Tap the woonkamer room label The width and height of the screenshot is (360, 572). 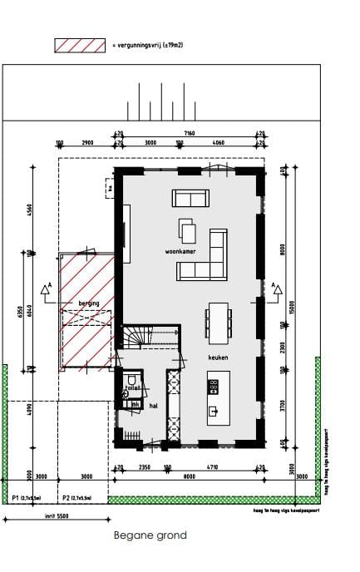[x=180, y=250]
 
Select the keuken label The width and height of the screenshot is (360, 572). [x=218, y=357]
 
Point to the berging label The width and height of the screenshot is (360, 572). [x=88, y=303]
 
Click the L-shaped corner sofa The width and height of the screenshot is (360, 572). [x=208, y=258]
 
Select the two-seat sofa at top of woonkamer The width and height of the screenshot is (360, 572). [x=191, y=198]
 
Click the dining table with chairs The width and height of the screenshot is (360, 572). [x=219, y=322]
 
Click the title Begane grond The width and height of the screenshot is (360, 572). [x=150, y=536]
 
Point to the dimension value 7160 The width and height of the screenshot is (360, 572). [x=190, y=133]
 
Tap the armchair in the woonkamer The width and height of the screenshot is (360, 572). [x=188, y=230]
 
